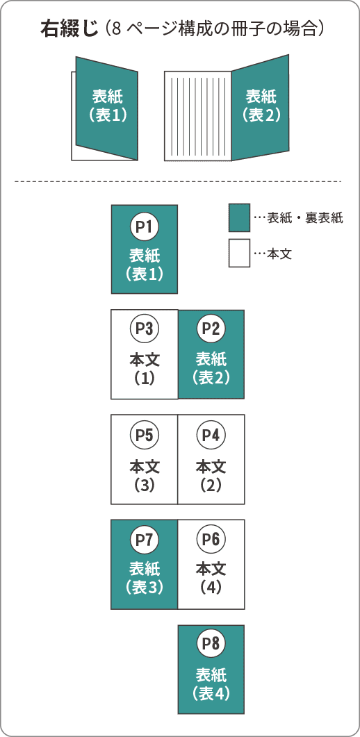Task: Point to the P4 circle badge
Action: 211,435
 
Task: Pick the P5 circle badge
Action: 145,435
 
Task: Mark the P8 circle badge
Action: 211,644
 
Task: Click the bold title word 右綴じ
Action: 69,29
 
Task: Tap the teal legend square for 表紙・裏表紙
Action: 239,217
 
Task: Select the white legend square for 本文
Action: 239,254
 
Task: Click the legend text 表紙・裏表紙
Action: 305,218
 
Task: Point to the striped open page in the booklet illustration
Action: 198,115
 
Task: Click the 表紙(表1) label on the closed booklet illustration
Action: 108,106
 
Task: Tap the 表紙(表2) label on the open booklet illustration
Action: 261,106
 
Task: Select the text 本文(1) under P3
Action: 145,369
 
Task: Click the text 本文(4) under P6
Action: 211,578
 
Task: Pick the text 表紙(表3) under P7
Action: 145,578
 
